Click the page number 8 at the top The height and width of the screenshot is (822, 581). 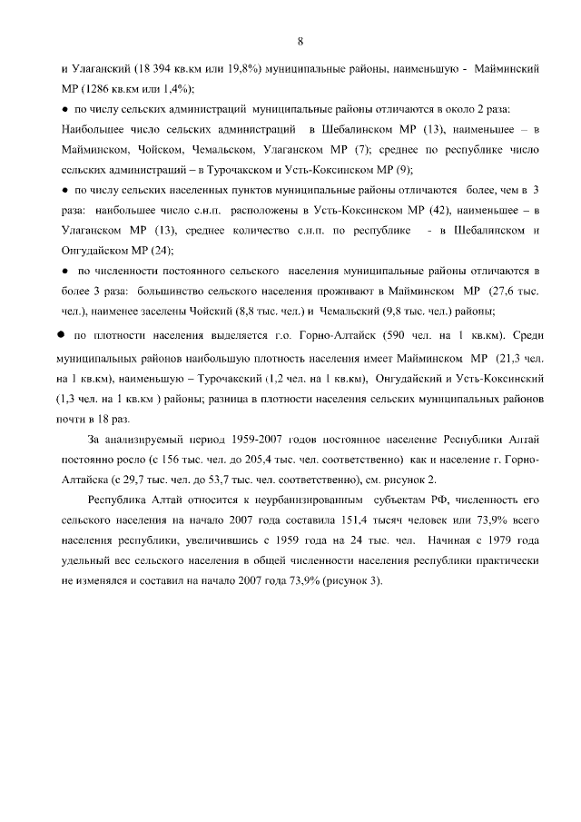point(300,40)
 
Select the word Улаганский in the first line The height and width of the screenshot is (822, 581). point(101,69)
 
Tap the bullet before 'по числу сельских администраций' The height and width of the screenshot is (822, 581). point(64,110)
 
